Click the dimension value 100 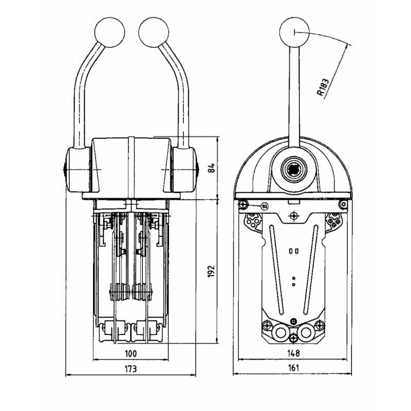point(130,353)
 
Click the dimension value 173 point(130,369)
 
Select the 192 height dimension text point(211,271)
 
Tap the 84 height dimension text point(211,168)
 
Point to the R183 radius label point(323,87)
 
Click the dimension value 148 point(293,353)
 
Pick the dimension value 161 point(293,368)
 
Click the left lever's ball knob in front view point(109,32)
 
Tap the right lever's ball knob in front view point(154,32)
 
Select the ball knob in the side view point(294,32)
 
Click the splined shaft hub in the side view point(293,170)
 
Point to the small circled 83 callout point(265,207)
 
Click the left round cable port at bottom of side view point(281,332)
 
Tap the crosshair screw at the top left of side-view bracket point(244,204)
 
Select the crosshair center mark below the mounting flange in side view point(294,216)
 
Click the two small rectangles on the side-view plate point(293,251)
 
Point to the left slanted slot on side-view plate point(277,269)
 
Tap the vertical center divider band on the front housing point(132,167)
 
